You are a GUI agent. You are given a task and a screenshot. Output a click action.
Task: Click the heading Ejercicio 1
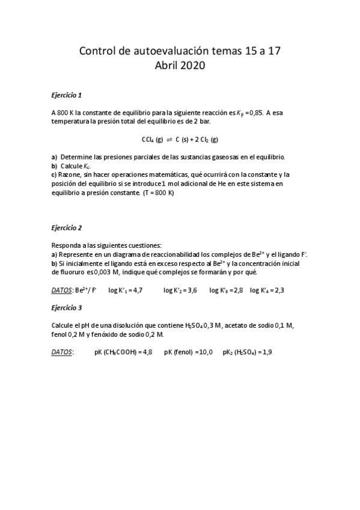point(66,95)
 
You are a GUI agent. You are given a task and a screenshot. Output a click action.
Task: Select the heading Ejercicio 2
point(66,228)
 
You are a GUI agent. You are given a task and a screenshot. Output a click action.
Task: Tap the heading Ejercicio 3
point(66,308)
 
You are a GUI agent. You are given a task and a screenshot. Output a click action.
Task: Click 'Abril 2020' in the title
point(180,66)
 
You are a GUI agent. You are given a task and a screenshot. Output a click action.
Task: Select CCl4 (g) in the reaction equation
point(152,140)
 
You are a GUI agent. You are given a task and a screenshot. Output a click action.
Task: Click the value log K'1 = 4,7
point(125,290)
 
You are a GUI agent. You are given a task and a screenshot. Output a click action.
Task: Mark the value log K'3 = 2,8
point(226,290)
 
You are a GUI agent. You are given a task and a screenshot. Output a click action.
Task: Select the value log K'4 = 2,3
point(267,290)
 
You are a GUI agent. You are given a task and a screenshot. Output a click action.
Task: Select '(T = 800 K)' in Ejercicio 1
point(158,193)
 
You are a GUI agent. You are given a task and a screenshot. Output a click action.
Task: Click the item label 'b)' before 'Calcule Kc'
point(55,165)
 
